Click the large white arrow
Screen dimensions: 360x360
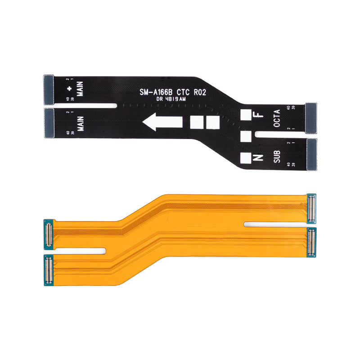(162, 121)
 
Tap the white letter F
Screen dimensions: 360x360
(257, 115)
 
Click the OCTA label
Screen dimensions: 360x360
(277, 118)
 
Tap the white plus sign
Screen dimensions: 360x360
(69, 89)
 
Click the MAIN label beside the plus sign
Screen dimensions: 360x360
(80, 89)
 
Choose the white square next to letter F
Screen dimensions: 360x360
(245, 115)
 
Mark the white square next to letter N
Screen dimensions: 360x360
(245, 158)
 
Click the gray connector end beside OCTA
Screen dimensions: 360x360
(311, 118)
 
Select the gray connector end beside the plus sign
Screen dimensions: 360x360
(49, 89)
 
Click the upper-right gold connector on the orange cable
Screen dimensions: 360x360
(310, 208)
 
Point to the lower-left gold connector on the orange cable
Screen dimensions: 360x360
(48, 270)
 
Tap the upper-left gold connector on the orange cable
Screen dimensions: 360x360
(48, 234)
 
